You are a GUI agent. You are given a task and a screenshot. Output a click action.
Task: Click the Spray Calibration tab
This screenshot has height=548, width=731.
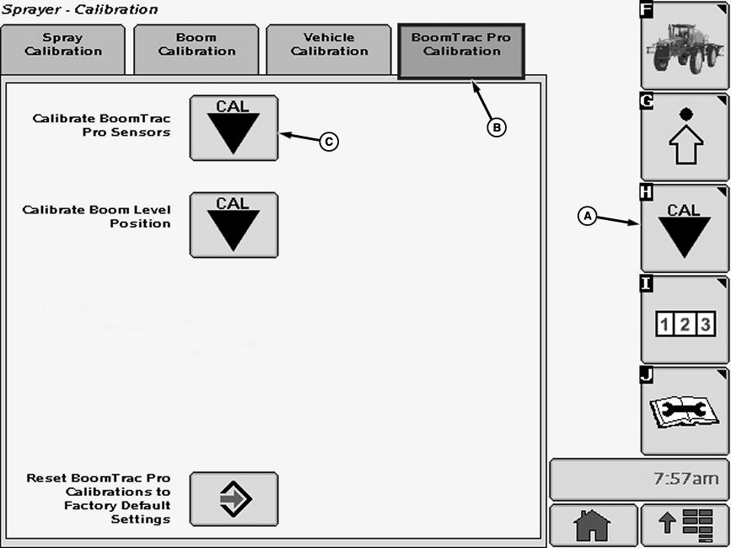click(x=63, y=45)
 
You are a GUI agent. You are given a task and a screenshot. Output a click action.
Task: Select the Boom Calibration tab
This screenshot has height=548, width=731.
click(x=196, y=45)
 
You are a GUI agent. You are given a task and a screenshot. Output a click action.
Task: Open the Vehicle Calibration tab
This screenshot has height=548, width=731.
click(x=329, y=45)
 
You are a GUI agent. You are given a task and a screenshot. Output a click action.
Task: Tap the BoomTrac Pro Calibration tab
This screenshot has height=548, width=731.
click(x=460, y=45)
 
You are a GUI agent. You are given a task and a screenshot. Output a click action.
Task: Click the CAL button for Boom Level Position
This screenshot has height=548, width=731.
click(x=234, y=225)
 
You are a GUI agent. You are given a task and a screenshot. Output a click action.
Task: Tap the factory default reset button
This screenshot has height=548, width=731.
click(x=234, y=499)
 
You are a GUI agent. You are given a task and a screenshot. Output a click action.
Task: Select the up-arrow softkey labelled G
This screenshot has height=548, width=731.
click(x=684, y=137)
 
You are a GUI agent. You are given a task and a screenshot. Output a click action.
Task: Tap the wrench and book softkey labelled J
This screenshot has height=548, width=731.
click(x=684, y=411)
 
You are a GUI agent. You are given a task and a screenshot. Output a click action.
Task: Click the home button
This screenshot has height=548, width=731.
click(x=592, y=525)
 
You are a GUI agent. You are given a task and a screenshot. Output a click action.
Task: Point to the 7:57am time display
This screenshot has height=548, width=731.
click(x=638, y=479)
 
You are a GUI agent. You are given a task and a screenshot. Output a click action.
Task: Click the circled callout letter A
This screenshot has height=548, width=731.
click(x=588, y=217)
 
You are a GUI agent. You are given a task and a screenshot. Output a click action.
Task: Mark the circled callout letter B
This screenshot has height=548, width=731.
click(x=497, y=128)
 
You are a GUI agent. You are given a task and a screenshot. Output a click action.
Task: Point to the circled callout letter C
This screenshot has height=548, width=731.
click(x=329, y=142)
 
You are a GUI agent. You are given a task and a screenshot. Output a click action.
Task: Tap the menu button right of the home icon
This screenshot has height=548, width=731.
click(x=684, y=525)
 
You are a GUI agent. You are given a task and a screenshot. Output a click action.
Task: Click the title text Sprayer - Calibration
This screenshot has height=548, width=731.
click(x=79, y=10)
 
